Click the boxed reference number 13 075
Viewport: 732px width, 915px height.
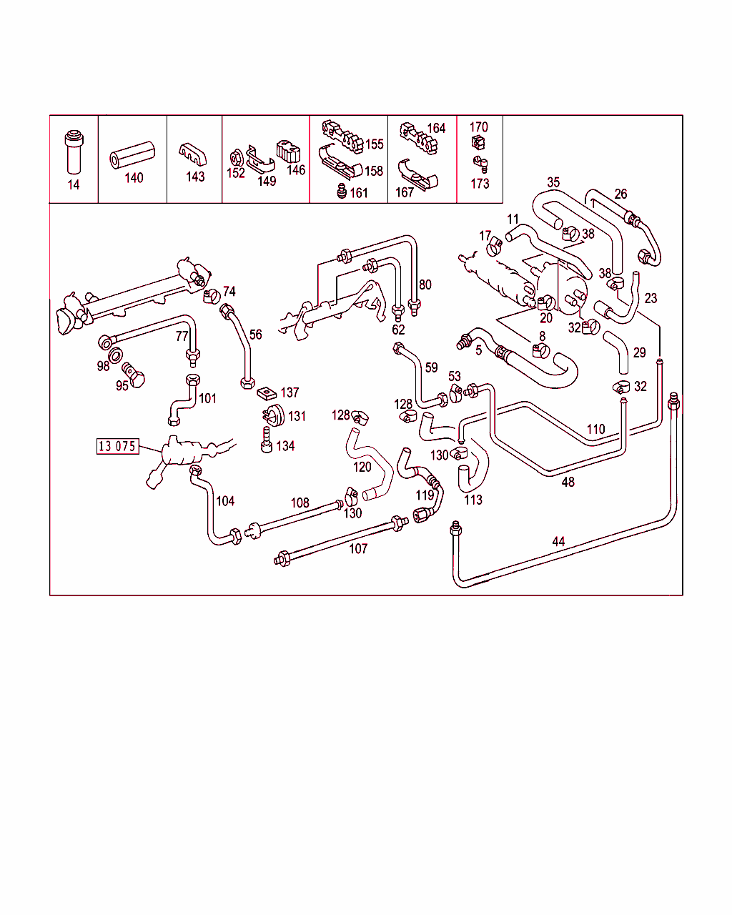pos(117,447)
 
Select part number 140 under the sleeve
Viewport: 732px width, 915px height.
pos(134,178)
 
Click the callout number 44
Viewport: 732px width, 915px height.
pos(558,542)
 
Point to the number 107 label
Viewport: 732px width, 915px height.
pos(358,549)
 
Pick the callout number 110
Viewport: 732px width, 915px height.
pos(595,429)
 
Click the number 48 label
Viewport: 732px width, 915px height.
pos(568,482)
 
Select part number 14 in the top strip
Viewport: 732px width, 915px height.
pos(74,185)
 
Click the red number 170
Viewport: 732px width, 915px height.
pos(479,127)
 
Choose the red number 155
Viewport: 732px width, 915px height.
pos(375,144)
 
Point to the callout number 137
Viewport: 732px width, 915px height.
pos(290,392)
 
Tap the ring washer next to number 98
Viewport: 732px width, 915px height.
pos(114,356)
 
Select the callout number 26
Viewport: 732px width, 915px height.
pos(620,194)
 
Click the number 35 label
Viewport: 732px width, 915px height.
pos(553,182)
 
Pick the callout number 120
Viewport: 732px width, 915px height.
pos(362,467)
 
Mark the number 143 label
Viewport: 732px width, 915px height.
pos(194,177)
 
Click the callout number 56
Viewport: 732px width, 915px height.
pos(255,335)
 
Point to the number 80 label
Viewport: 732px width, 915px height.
pos(425,285)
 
